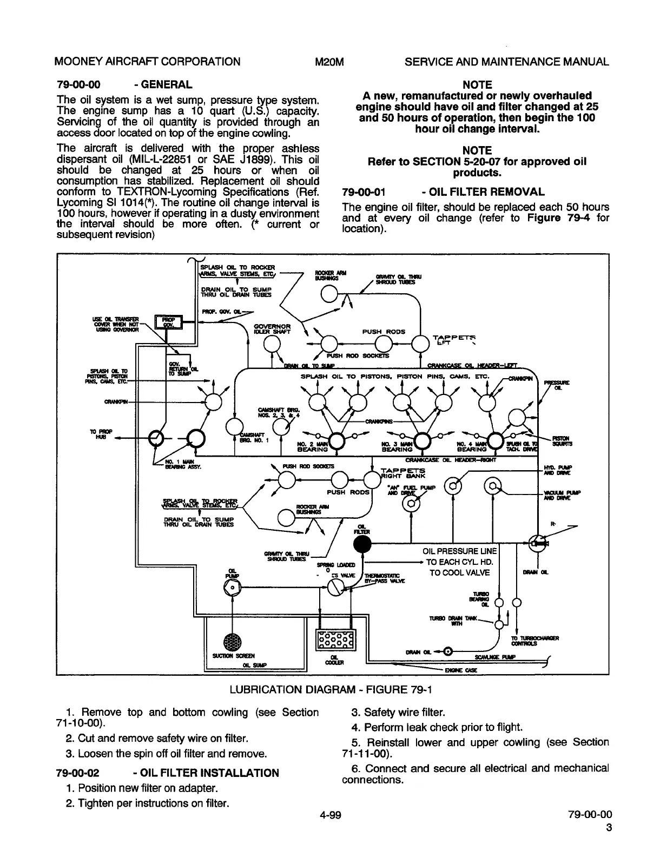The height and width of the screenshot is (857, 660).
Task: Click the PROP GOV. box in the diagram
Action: (x=167, y=322)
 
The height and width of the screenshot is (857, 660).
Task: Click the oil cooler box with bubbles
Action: (x=335, y=641)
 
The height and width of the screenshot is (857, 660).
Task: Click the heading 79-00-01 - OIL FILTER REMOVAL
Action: (x=444, y=192)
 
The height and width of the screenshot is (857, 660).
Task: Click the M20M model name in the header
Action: (x=329, y=61)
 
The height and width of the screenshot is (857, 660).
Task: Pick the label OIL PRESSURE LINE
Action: (x=459, y=551)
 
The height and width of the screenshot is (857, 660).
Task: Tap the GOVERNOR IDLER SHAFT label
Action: (x=273, y=329)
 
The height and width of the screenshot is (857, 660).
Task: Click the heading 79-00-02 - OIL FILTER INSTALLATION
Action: (x=168, y=773)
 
